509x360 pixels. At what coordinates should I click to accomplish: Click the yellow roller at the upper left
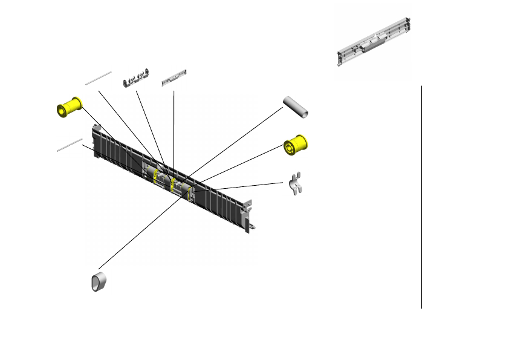pos(69,108)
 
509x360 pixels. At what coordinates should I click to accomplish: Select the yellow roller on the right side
pos(296,145)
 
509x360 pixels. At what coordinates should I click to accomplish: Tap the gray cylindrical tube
pos(296,106)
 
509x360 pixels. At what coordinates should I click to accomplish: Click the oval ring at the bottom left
pos(100,282)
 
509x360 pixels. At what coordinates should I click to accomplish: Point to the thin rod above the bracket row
pos(99,78)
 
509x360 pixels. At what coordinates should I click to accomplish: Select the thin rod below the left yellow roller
pos(70,145)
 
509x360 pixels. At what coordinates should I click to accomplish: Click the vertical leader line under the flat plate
pos(173,127)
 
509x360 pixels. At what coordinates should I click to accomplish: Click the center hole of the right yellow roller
pos(291,147)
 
